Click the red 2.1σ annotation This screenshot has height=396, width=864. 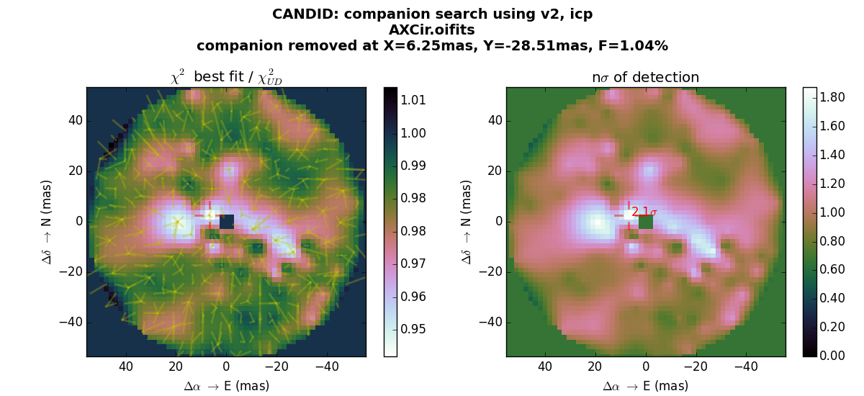[644, 212]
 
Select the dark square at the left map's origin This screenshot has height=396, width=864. [227, 222]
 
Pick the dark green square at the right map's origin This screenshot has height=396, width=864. [646, 222]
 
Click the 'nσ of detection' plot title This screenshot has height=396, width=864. [645, 78]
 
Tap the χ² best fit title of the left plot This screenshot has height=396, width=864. [226, 77]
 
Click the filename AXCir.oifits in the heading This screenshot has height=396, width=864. [432, 30]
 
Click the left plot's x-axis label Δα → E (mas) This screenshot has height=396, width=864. [226, 387]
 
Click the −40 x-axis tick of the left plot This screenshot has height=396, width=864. [327, 367]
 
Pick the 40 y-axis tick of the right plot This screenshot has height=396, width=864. [493, 121]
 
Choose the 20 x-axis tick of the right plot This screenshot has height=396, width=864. [595, 367]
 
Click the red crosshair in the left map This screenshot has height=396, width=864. [210, 215]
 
